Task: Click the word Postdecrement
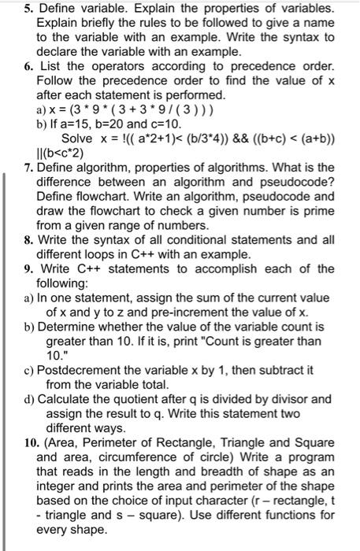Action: (88, 369)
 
